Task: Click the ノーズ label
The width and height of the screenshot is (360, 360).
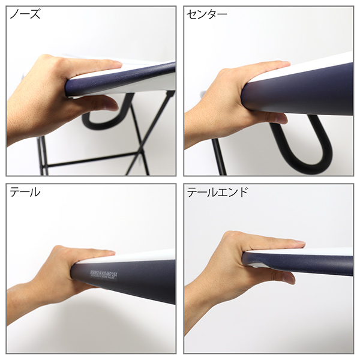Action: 25,15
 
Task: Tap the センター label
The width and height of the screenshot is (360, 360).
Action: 207,15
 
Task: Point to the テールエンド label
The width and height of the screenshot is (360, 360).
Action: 217,193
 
